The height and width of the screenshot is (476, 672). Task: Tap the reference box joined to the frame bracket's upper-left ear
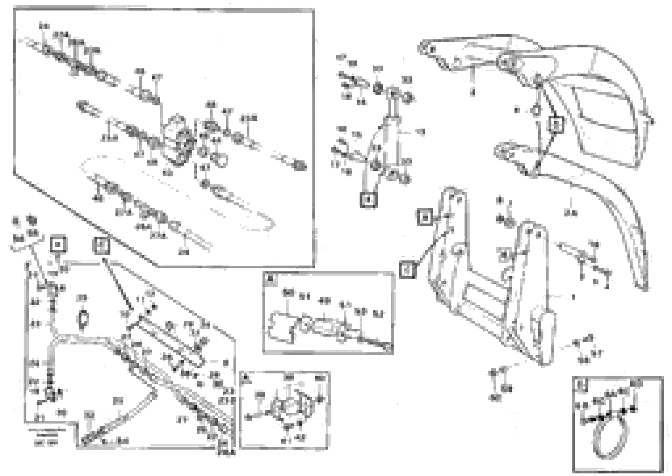pyautogui.click(x=425, y=217)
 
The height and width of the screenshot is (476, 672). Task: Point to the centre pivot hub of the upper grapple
pyautogui.click(x=506, y=62)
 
